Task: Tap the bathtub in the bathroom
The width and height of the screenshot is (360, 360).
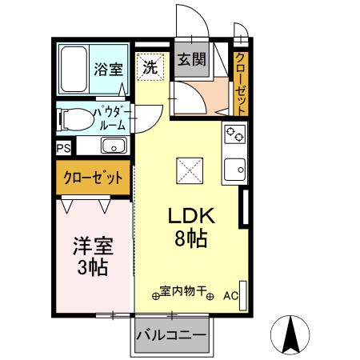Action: coord(74,70)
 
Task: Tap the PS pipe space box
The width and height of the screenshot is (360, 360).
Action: coord(62,148)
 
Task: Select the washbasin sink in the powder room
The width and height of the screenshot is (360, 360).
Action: coord(113,146)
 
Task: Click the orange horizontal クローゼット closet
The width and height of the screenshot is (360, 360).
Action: coord(93,178)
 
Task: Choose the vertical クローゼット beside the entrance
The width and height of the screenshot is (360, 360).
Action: coord(241,83)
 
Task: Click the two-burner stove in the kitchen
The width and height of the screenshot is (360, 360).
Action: coord(234,134)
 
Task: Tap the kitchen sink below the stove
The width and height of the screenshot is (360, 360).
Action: coord(234,169)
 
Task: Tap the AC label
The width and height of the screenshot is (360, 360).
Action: coord(230,296)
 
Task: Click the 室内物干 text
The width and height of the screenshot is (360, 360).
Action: coord(182,293)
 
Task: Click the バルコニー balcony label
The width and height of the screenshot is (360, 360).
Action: coord(171,334)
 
